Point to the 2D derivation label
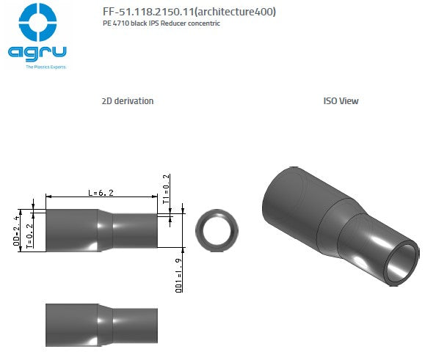[128, 101]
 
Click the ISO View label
[341, 101]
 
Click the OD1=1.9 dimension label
[178, 275]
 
